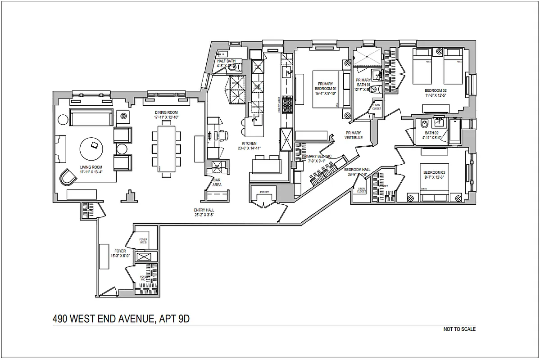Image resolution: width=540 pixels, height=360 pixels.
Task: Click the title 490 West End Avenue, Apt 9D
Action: coord(121,319)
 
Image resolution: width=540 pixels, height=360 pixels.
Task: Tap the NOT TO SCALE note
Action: coord(459,329)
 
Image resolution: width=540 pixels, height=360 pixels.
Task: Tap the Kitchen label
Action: coord(248,143)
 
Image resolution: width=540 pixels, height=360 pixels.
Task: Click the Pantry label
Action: coord(264,192)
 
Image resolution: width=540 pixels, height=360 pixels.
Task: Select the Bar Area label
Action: coord(217,182)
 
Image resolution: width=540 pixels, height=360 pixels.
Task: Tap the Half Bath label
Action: coord(227,61)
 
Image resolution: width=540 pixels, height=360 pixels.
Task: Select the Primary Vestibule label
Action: coord(353,135)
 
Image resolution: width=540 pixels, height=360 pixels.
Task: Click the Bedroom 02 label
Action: coord(435,90)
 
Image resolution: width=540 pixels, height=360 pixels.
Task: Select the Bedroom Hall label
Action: coord(357,170)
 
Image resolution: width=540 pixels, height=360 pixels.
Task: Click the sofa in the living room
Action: coord(91,117)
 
